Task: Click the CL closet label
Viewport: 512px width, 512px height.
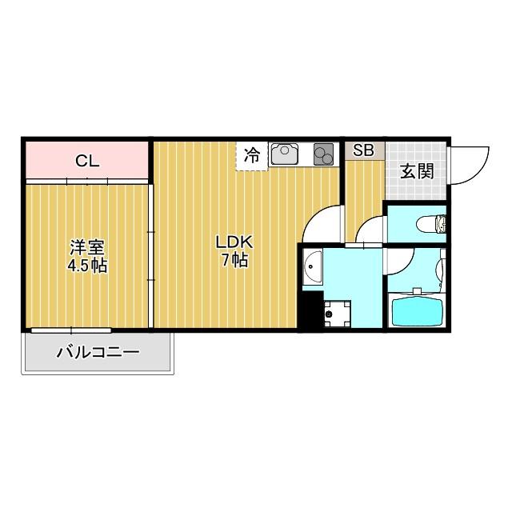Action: [87, 161]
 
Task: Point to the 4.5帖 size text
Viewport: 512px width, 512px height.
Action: [87, 266]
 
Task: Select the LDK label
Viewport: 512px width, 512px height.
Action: [235, 242]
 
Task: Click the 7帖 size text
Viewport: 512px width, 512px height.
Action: [235, 260]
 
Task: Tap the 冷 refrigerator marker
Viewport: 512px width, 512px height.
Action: [251, 154]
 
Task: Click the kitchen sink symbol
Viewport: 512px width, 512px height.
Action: [286, 154]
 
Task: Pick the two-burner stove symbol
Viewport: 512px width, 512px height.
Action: [323, 154]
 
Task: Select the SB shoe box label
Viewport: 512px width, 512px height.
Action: [363, 150]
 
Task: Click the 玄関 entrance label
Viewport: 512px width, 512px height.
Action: [417, 170]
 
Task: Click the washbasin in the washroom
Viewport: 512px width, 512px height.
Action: [313, 267]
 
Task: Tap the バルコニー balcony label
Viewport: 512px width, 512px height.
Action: [98, 352]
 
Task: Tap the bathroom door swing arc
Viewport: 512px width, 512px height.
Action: [400, 264]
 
